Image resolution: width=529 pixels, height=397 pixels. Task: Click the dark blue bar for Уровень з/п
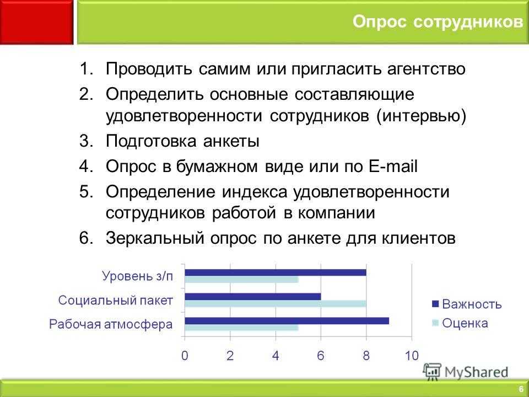point(276,272)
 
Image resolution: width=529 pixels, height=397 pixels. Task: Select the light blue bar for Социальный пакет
point(276,304)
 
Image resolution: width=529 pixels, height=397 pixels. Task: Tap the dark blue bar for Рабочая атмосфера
point(287,321)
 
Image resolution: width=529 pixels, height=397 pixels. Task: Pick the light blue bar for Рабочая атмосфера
point(241,328)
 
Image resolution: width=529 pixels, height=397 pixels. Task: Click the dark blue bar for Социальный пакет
point(253,297)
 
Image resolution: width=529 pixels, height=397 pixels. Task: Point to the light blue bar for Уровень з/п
point(241,280)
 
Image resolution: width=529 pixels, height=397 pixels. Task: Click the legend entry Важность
point(467,304)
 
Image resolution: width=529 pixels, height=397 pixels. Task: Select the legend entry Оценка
point(460,323)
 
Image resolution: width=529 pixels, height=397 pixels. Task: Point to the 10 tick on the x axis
point(412,356)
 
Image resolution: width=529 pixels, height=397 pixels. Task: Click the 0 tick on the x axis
point(185,356)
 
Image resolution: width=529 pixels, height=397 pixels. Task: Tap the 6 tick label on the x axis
point(321,356)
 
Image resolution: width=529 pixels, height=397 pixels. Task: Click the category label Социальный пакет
point(115,300)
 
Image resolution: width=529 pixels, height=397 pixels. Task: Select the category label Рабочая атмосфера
point(111,324)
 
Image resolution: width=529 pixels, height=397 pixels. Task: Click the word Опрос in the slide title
point(380,22)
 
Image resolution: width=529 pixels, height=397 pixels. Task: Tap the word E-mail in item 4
point(393,166)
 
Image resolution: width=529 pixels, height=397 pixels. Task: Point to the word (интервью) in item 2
point(422,116)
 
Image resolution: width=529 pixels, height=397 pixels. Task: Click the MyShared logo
point(466,372)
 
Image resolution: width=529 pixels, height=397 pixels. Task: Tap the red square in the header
point(36,22)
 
